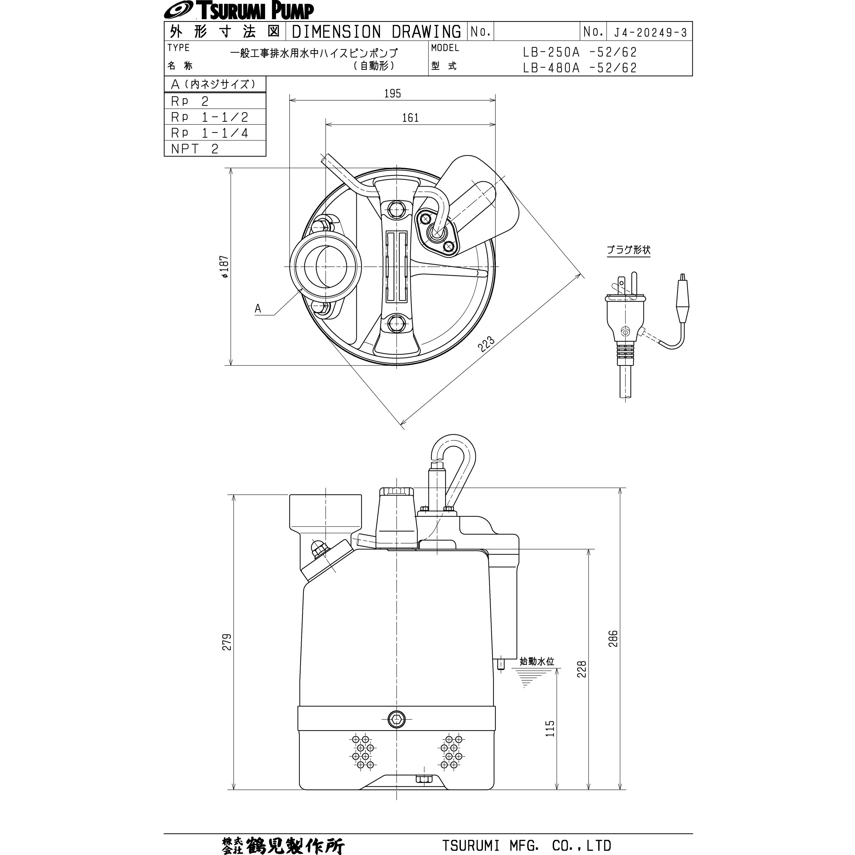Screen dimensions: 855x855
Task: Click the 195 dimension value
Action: [392, 93]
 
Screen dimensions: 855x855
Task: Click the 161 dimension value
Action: [410, 118]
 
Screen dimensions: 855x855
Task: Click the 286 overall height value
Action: [613, 639]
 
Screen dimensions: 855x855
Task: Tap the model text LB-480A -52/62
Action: [579, 68]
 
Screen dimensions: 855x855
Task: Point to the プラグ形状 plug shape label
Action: [628, 250]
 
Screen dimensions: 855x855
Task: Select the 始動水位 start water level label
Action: [536, 661]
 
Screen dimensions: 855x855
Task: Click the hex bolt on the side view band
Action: [396, 719]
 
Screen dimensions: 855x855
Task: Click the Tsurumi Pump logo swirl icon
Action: [177, 10]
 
